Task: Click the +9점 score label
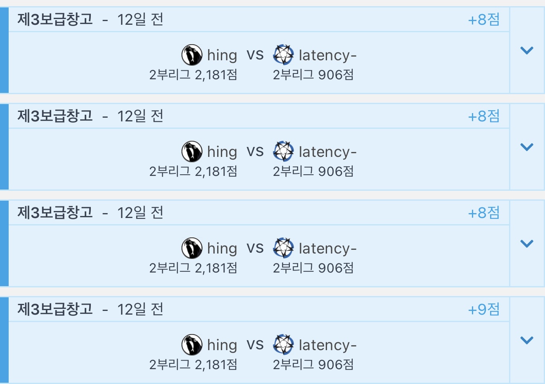point(484,309)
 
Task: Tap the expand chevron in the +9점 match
point(527,340)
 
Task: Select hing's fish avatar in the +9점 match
point(192,345)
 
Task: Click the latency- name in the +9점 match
point(327,345)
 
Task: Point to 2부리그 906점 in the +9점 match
point(313,365)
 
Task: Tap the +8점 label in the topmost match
point(484,19)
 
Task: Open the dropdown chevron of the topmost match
point(527,50)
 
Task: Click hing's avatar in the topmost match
point(192,55)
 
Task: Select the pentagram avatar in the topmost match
point(283,55)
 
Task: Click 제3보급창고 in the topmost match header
point(55,19)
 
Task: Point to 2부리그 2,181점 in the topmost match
point(193,75)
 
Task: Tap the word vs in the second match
point(255,152)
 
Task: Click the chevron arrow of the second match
point(527,147)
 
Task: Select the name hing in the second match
point(222,152)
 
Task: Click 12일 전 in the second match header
point(140,116)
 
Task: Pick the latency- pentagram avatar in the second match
point(283,152)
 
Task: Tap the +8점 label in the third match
point(484,213)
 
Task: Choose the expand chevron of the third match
point(527,244)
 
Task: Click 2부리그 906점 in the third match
point(313,268)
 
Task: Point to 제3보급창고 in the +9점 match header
point(55,309)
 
